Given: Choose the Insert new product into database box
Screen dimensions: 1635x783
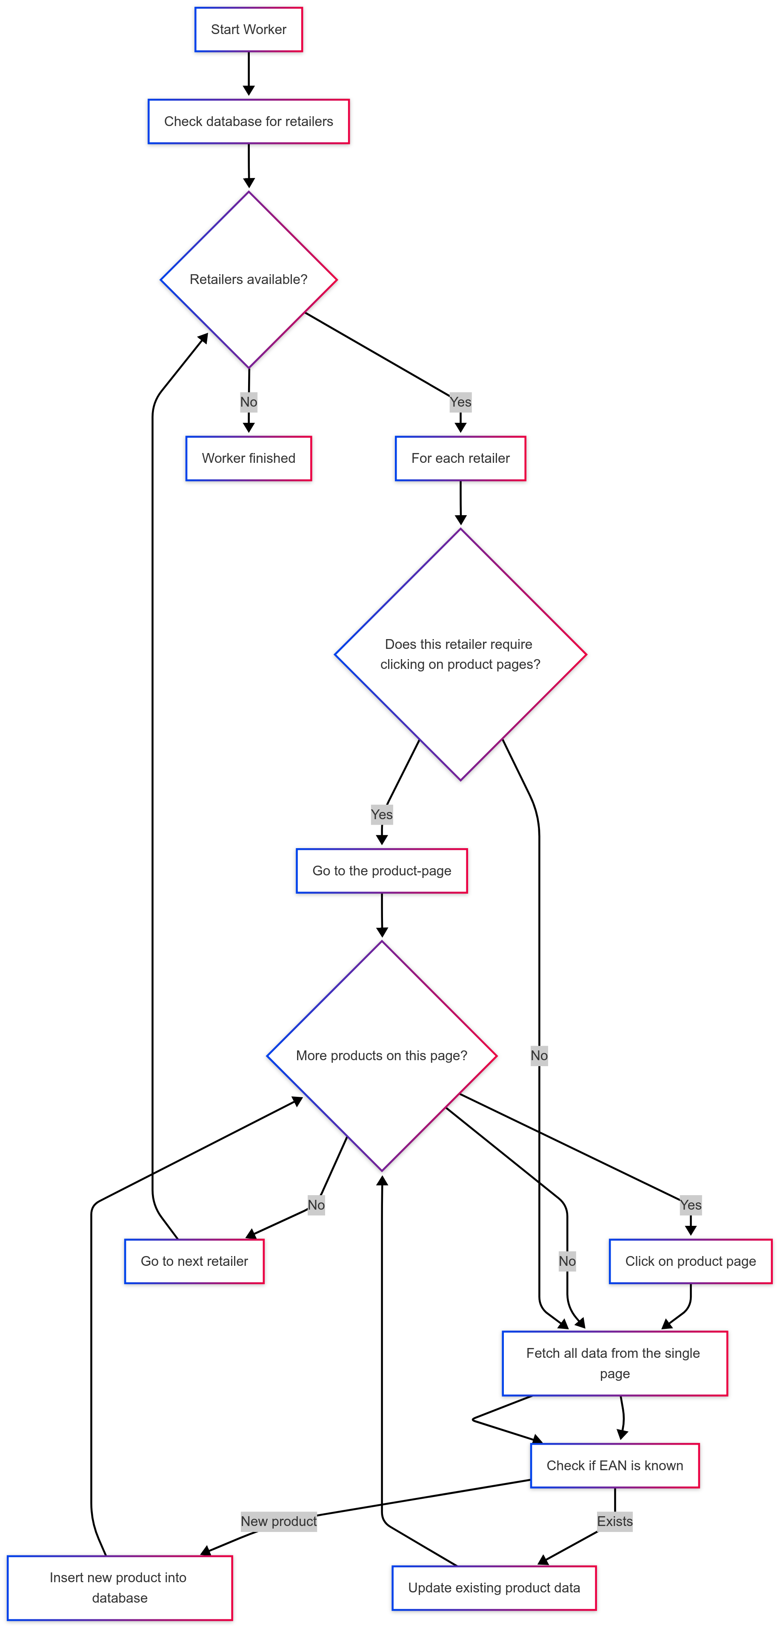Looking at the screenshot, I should pyautogui.click(x=119, y=1587).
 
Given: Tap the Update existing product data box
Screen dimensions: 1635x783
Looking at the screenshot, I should pyautogui.click(x=494, y=1587).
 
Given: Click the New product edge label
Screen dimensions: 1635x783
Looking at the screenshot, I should pyautogui.click(x=279, y=1521).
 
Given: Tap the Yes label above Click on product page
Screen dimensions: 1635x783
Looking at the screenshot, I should pyautogui.click(x=690, y=1205).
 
